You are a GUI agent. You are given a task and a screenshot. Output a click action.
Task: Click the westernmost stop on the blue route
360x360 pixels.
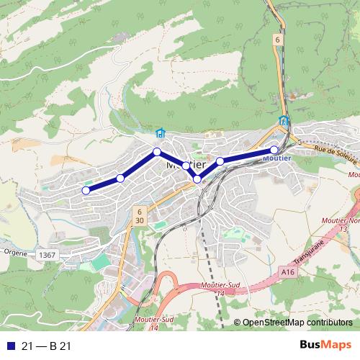point(86,190)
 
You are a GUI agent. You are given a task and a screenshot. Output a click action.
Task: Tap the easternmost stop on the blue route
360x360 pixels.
point(274,150)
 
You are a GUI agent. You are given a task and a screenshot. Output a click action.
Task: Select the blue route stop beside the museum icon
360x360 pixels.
point(156,151)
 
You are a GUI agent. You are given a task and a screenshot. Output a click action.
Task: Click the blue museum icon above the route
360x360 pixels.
point(160,133)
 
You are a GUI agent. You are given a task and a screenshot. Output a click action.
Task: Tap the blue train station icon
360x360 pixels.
point(284,121)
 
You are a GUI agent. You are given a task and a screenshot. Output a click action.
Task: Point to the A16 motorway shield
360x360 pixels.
point(289,271)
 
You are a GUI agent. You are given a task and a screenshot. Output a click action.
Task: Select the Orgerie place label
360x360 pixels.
point(14,253)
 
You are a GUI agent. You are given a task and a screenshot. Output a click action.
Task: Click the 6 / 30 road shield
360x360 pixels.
point(138,215)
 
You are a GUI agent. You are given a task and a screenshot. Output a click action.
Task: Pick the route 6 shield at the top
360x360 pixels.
point(276,40)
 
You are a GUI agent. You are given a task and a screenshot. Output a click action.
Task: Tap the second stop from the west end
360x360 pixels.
point(120,178)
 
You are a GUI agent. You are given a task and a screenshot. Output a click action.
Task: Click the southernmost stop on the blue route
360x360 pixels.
point(197,178)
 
